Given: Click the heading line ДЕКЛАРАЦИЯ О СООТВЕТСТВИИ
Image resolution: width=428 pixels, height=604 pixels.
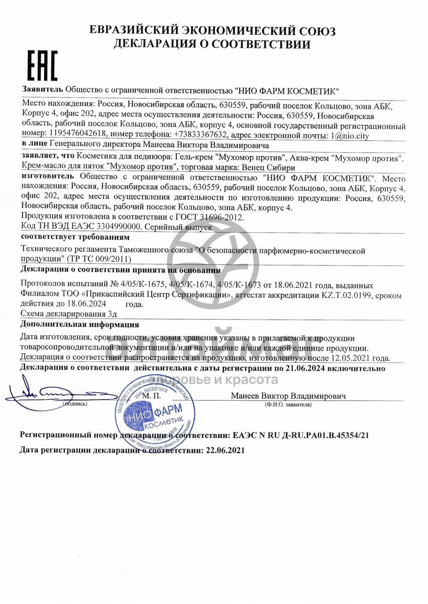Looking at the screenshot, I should pos(212,45).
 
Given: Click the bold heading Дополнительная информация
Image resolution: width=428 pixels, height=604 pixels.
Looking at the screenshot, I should pos(80,325).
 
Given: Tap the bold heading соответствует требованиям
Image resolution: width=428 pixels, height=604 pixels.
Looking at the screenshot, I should pos(75,237).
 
